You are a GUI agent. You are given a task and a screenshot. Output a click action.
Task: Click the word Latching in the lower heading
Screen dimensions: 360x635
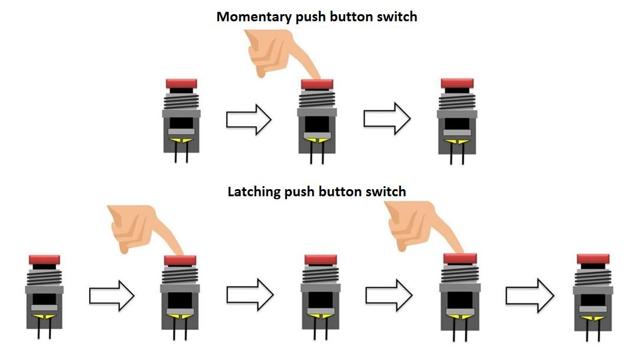point(250,192)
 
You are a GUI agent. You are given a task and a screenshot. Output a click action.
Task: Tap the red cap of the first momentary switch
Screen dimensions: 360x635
point(181,83)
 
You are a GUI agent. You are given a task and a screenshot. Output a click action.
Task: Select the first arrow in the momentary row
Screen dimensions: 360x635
point(248,120)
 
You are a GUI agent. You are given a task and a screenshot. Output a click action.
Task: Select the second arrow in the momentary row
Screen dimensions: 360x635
point(386,119)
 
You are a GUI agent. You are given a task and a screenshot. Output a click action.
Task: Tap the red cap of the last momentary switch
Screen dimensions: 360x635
point(457,83)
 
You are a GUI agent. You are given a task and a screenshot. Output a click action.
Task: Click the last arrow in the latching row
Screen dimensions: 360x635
point(529,294)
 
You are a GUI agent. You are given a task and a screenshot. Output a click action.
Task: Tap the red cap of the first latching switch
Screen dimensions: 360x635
point(44,260)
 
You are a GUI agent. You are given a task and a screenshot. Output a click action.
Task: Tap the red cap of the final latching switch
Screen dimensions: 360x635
point(592,259)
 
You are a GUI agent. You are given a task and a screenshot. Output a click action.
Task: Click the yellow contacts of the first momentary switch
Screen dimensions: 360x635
point(181,140)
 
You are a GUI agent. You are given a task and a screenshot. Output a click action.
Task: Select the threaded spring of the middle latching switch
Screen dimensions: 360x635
point(320,275)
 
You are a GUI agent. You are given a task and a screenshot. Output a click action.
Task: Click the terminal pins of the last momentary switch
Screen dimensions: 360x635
point(457,155)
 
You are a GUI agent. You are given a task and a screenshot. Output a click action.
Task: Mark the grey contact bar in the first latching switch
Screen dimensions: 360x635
point(44,308)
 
